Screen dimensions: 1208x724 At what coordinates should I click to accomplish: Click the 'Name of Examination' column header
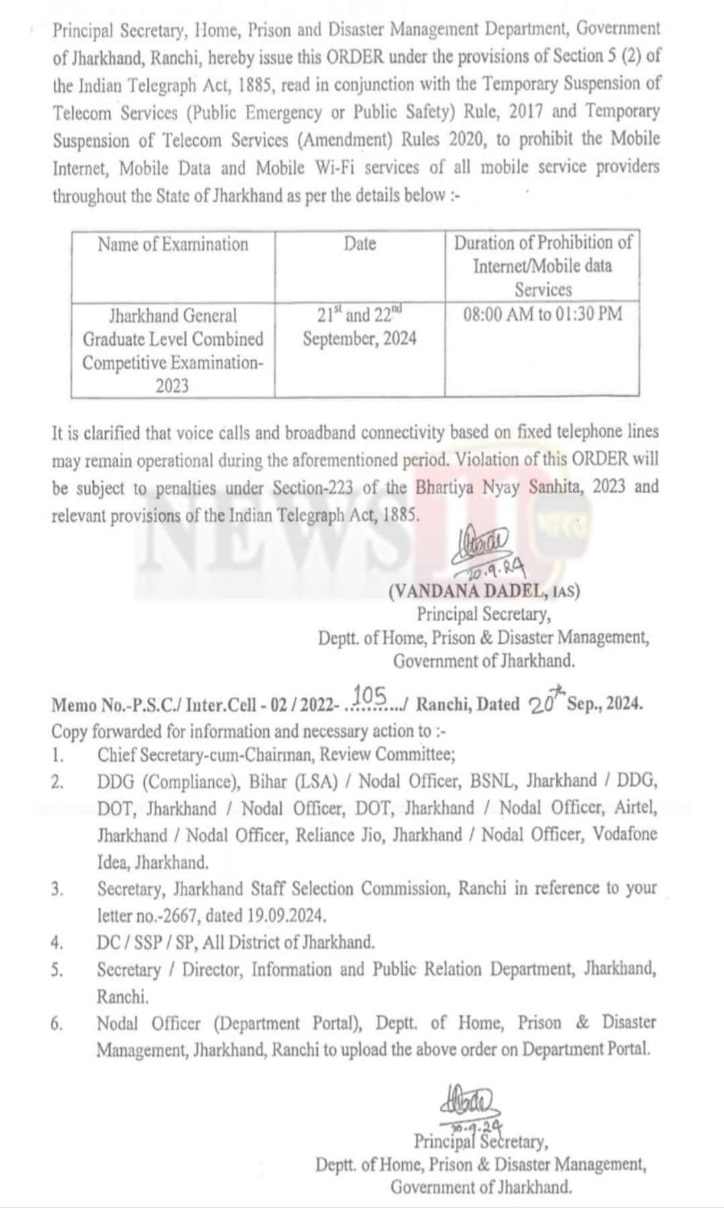click(x=173, y=244)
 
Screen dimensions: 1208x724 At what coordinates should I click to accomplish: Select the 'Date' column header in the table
click(x=360, y=244)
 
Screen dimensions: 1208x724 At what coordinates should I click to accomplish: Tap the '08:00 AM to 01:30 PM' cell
click(x=542, y=314)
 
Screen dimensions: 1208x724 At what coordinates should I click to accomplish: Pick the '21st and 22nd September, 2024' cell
click(x=359, y=326)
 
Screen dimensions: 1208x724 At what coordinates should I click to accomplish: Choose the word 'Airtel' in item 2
click(x=636, y=808)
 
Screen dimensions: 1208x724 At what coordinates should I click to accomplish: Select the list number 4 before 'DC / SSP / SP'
click(x=57, y=943)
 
